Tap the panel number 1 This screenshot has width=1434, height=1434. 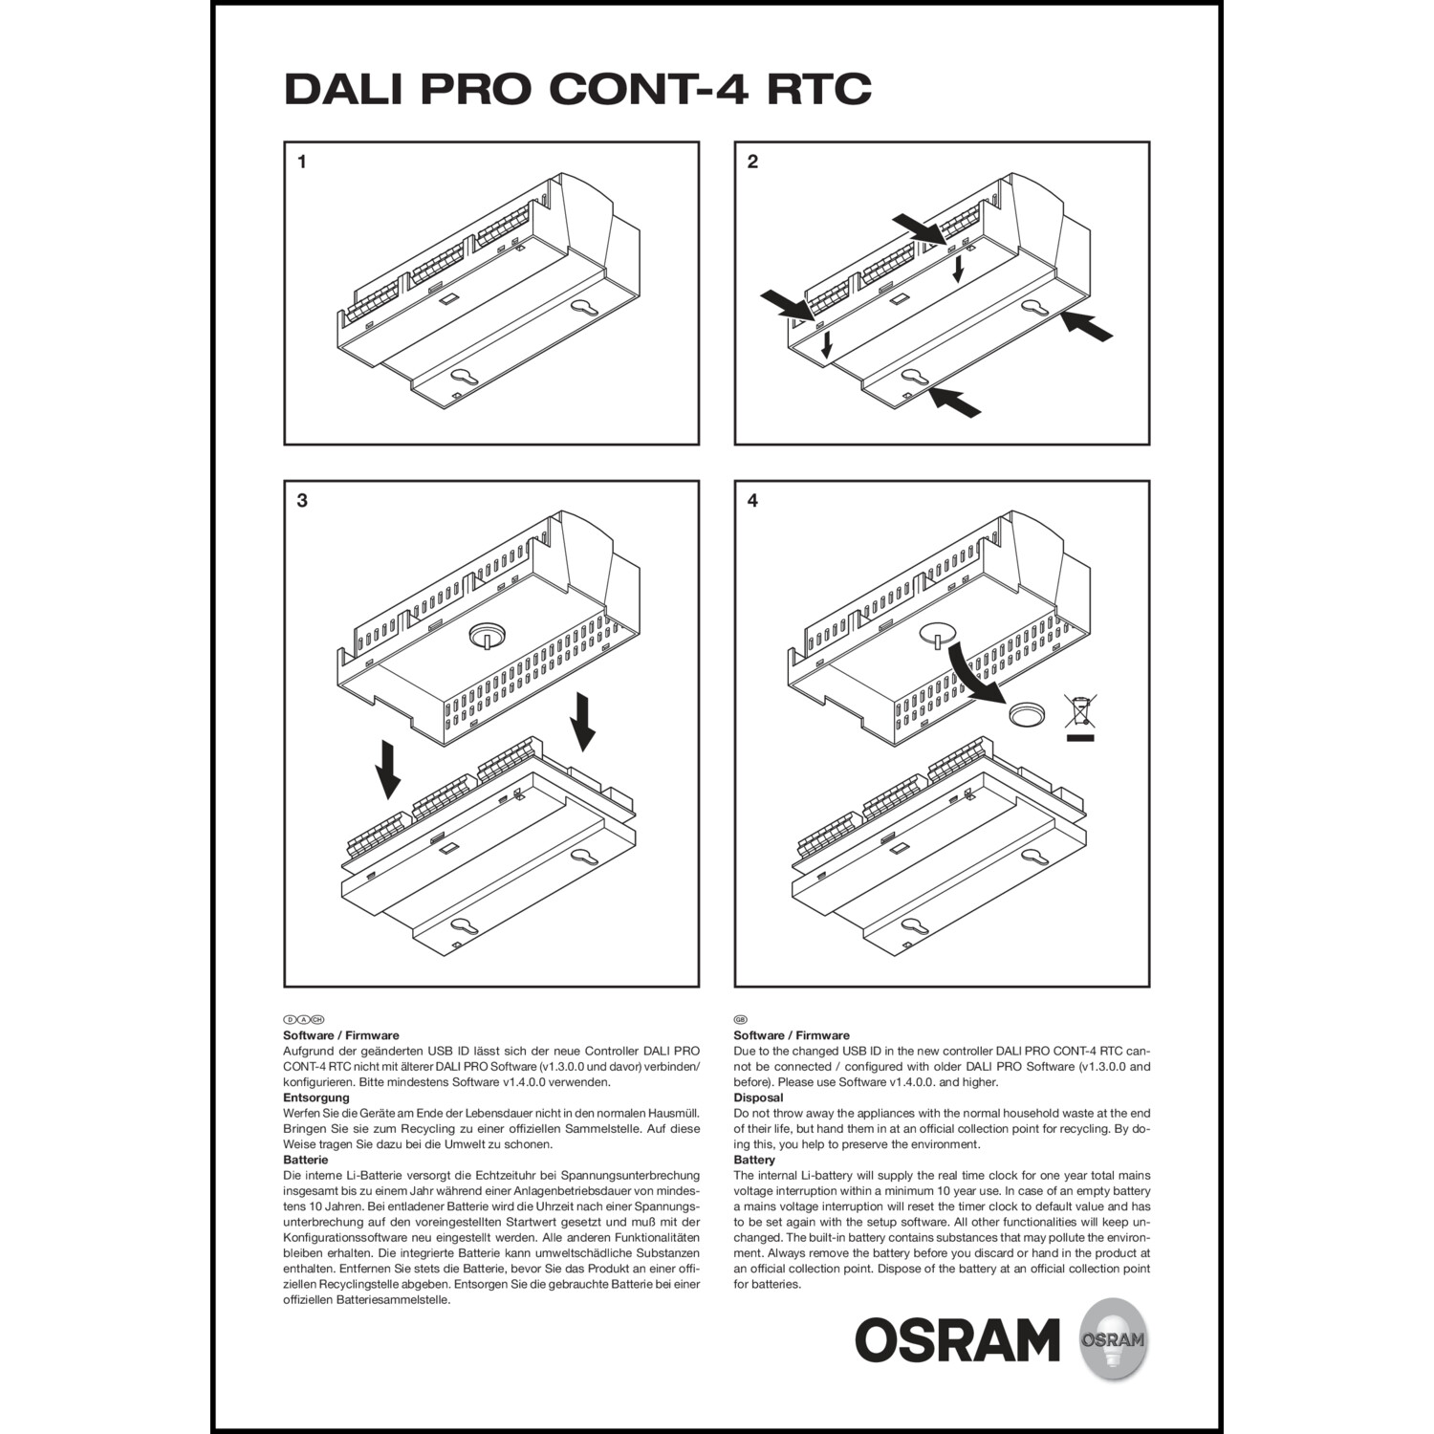[302, 162]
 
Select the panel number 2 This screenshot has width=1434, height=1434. [752, 162]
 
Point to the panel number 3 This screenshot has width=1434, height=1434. [302, 500]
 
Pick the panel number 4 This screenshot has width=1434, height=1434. [752, 500]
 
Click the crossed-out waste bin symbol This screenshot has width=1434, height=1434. [1079, 717]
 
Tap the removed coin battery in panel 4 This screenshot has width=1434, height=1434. [1029, 715]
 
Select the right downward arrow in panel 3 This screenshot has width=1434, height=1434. [581, 724]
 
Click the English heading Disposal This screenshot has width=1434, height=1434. [758, 1097]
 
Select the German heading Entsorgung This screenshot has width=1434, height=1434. [315, 1097]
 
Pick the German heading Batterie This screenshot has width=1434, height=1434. [305, 1160]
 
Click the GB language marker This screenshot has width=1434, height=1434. [740, 1020]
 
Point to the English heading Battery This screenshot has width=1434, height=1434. [754, 1160]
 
